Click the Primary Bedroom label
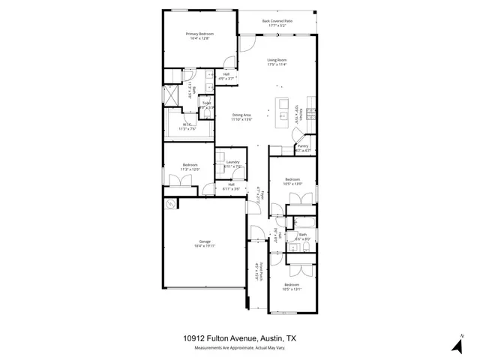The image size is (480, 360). coord(199,35)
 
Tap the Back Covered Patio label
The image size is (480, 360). coord(277,23)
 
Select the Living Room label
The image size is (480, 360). coord(277,62)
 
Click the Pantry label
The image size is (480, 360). coord(303,148)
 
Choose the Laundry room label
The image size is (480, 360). coord(232,164)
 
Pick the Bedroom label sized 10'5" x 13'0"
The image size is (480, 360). coord(292,181)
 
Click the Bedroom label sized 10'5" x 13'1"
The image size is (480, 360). coord(292,287)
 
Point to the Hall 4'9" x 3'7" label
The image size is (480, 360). coord(226,75)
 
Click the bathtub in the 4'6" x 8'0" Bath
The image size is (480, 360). coord(304,223)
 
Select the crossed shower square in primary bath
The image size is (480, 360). coord(171,96)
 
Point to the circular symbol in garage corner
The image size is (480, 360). coord(170,204)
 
